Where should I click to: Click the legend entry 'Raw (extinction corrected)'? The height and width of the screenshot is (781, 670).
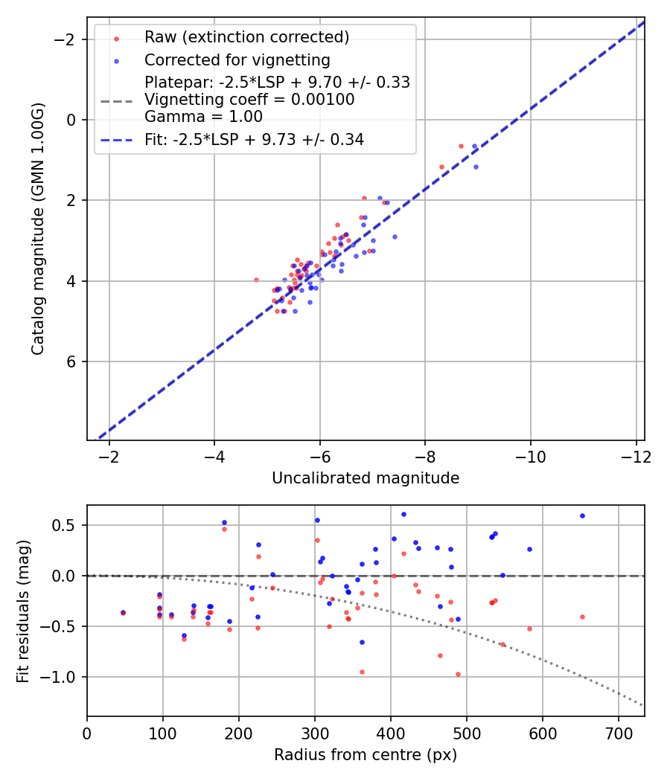pos(246,37)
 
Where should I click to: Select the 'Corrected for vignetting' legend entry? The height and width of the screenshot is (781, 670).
pos(237,60)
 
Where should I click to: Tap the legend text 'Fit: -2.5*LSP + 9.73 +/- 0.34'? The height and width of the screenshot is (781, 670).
pos(254,139)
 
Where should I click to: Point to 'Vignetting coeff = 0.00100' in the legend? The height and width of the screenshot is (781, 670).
pos(249,100)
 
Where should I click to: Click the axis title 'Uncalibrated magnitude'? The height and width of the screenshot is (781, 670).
pos(365,478)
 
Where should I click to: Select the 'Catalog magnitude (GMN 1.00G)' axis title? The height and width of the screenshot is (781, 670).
pos(38,228)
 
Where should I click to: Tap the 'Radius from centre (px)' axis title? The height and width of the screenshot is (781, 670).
pos(365,755)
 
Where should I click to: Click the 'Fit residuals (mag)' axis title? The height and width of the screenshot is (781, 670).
pos(23,611)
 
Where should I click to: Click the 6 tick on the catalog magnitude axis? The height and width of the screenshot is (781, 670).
pos(72,361)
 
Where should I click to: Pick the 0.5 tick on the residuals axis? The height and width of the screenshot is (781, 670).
pos(67,525)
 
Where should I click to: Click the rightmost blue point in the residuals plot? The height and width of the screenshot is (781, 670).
pos(582,515)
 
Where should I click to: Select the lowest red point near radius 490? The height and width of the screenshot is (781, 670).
pos(458,674)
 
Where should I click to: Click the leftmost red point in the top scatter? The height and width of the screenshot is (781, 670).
pos(256,280)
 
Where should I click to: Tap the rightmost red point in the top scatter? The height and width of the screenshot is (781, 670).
pos(461,146)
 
